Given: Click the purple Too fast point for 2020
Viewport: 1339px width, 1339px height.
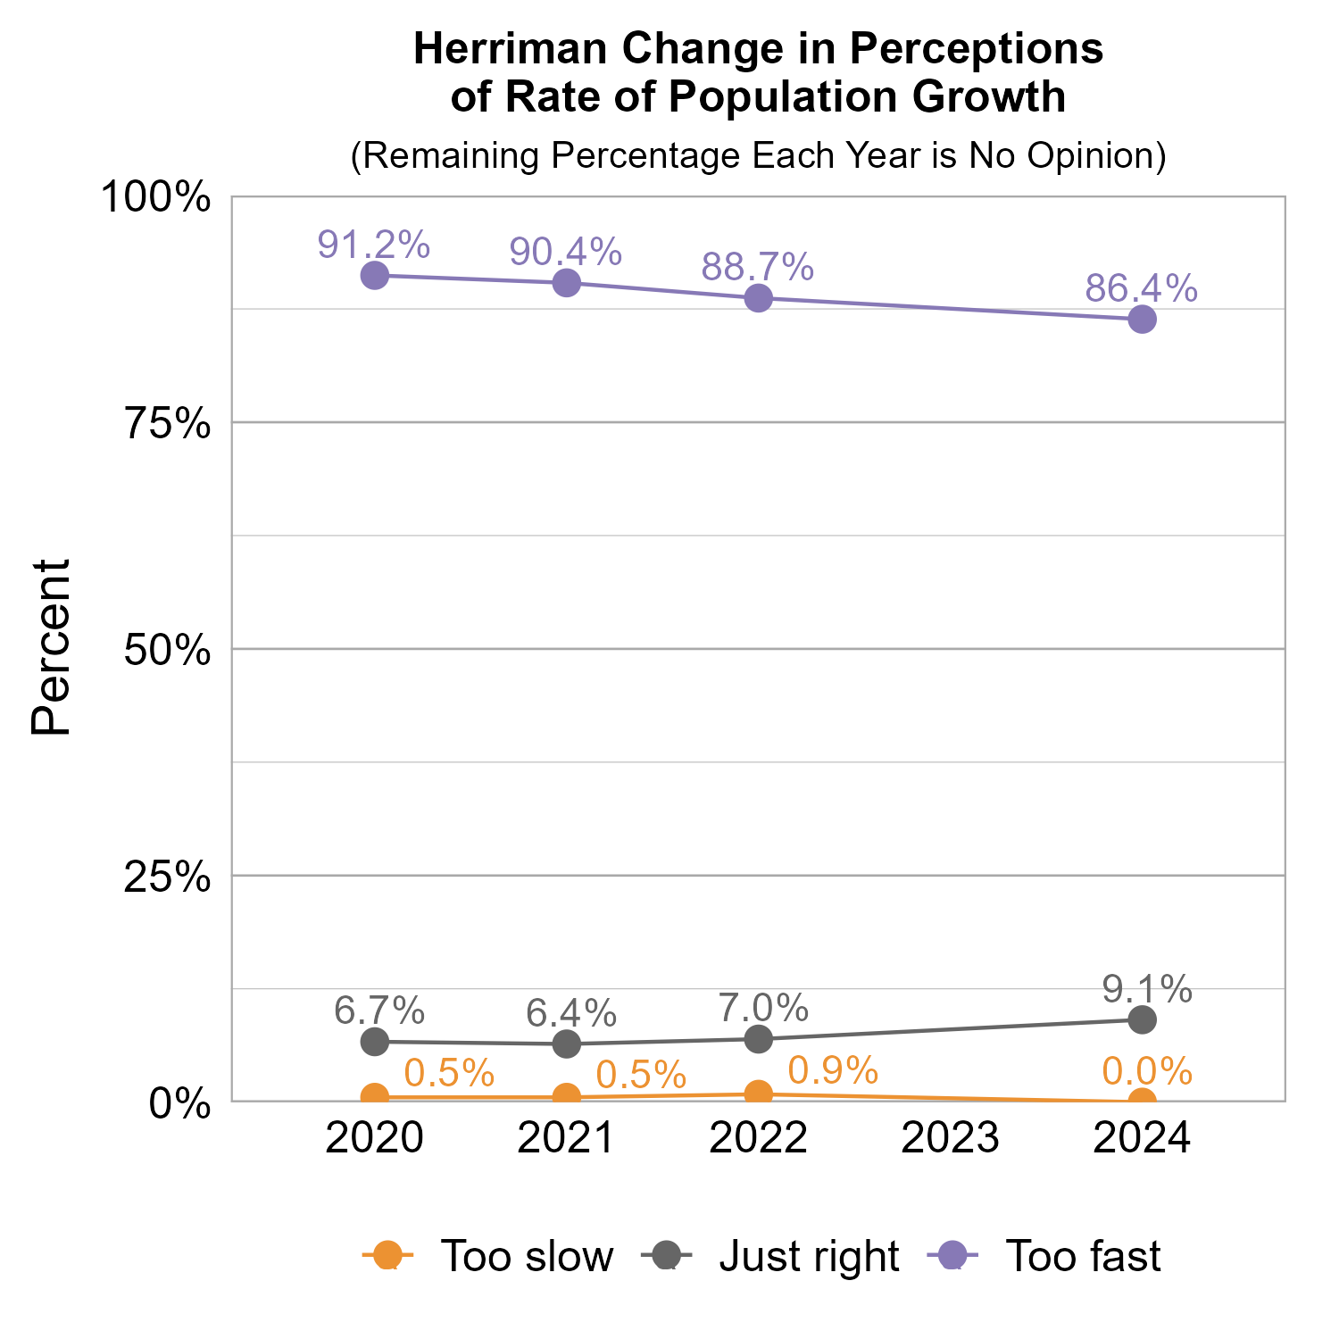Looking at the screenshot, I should [x=375, y=275].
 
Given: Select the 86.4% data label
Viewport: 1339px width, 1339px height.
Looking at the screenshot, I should [x=1141, y=288].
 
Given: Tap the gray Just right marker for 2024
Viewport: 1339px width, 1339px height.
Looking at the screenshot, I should [x=1142, y=1019].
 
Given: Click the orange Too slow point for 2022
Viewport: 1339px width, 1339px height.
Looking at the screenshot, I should [x=759, y=1093].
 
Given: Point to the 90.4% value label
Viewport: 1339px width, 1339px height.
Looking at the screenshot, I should [x=565, y=252].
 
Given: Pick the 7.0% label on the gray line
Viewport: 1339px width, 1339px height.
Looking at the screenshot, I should [x=764, y=1009].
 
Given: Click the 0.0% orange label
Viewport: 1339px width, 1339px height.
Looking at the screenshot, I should [x=1147, y=1070].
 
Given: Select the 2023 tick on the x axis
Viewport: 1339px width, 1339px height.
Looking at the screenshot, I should [x=950, y=1138].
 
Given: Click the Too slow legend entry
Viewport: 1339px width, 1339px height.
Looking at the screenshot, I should [x=489, y=1256].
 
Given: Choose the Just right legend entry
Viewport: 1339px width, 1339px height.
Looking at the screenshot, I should [x=771, y=1256].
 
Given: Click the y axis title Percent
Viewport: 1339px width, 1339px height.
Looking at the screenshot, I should [x=51, y=647].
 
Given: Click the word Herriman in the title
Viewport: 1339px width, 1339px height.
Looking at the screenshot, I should [x=511, y=49].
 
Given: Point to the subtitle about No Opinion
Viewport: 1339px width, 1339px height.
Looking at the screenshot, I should [x=758, y=155].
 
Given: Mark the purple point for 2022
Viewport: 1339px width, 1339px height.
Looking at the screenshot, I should [x=759, y=298].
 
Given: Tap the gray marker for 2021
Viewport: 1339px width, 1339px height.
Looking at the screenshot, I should [x=567, y=1044].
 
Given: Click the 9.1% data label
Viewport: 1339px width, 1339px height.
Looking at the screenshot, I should [x=1147, y=989].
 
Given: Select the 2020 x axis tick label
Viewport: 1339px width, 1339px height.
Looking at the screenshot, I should [x=374, y=1138].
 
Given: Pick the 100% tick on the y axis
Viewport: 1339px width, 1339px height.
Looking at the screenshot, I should [x=155, y=197].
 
